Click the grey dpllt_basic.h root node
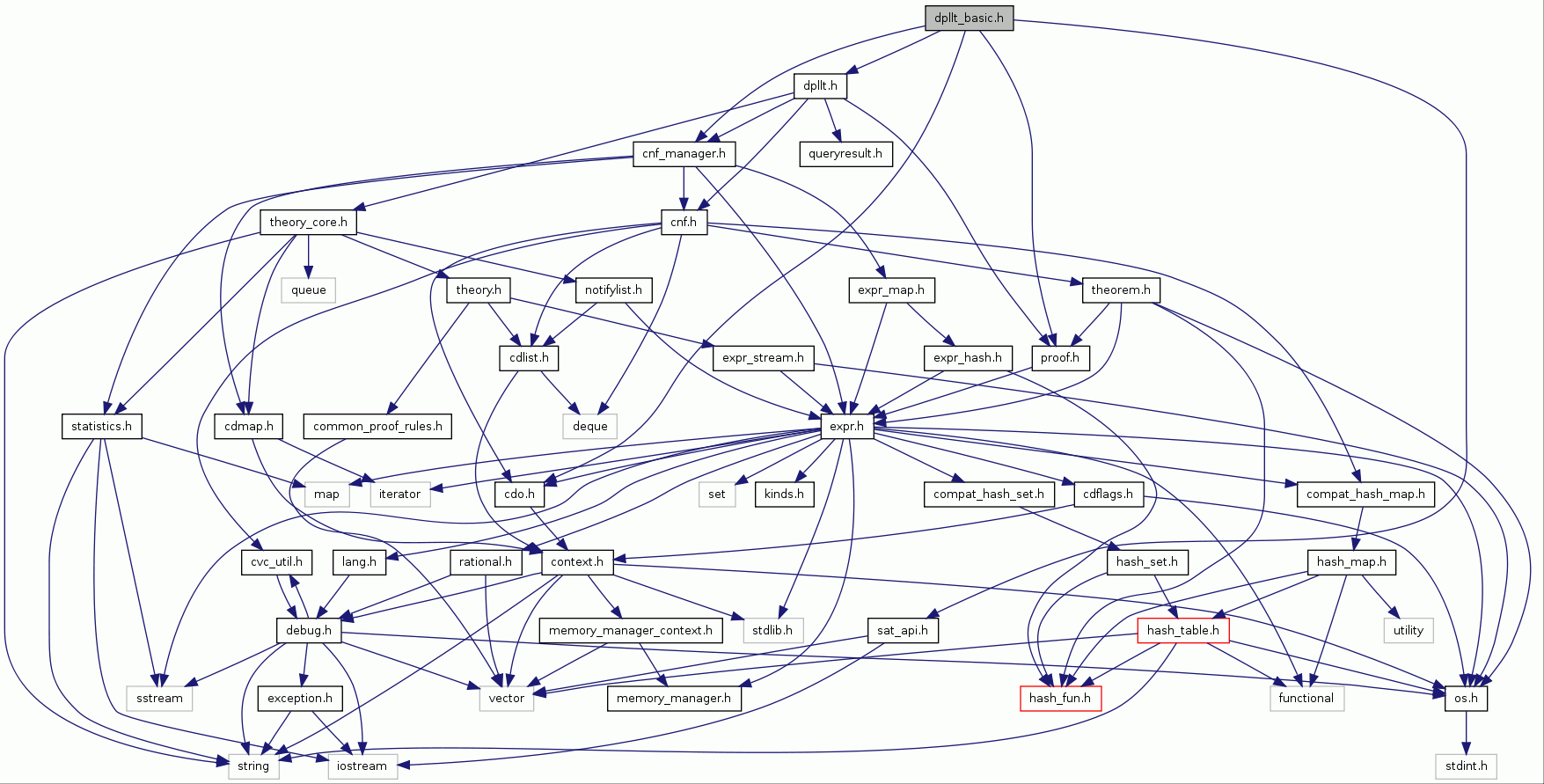tap(969, 18)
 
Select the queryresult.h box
tap(845, 154)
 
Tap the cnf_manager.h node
tap(684, 154)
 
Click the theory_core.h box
tap(308, 222)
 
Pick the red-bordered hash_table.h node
tap(1182, 630)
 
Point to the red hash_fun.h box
tap(1059, 698)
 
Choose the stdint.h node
tap(1466, 766)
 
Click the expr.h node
tap(846, 426)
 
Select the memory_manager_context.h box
tap(630, 630)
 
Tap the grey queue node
tap(308, 289)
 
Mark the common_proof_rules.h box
tap(377, 426)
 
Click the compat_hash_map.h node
tap(1365, 494)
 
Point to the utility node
tap(1408, 630)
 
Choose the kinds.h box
tap(784, 494)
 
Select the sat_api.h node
tap(903, 630)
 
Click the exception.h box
tap(300, 698)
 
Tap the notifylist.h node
tap(613, 289)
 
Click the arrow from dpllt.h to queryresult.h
tap(832, 120)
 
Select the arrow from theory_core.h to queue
tap(308, 256)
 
